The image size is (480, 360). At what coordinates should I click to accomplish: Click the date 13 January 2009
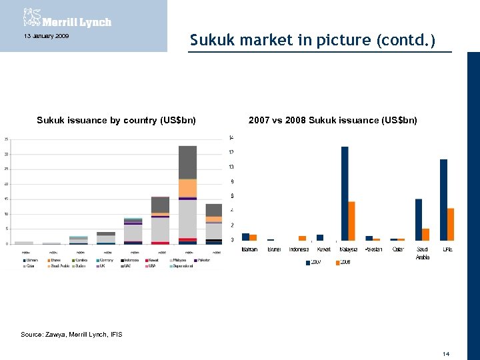point(46,35)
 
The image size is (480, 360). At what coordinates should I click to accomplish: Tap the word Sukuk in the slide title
point(210,40)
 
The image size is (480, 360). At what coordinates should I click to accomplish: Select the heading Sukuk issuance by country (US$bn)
point(116,121)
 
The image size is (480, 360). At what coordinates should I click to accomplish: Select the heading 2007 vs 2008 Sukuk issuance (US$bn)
point(333,121)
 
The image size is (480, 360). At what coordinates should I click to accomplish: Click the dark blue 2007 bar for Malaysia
point(345,193)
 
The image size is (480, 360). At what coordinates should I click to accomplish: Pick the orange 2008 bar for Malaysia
point(352,221)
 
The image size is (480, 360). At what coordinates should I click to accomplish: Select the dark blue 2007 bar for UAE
point(443,200)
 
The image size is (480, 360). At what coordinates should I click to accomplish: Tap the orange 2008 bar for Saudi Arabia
point(425,234)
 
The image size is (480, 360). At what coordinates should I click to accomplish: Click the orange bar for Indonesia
point(302,238)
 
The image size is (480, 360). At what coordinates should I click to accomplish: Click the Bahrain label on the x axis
point(249,249)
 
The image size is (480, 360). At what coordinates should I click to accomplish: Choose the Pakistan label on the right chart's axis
point(373,249)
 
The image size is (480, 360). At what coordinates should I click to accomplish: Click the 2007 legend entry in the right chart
point(314,262)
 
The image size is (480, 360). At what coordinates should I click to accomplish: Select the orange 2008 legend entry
point(343,262)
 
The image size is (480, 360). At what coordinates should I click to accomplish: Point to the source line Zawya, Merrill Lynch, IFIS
point(71,334)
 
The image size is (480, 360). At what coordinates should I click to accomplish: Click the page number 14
point(446,353)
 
